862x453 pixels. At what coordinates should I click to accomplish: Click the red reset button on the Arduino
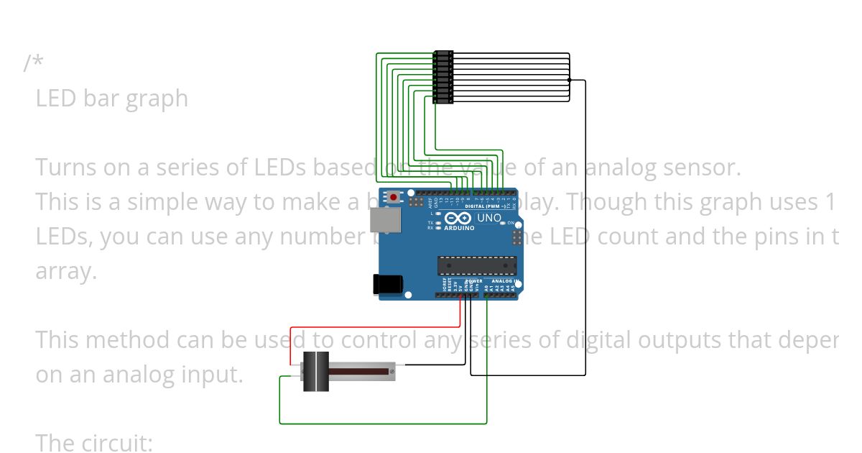[x=394, y=197]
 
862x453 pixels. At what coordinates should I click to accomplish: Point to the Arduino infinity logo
[x=458, y=218]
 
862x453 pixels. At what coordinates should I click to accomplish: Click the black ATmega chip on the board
[x=477, y=265]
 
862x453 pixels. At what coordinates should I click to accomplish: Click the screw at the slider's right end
[x=391, y=372]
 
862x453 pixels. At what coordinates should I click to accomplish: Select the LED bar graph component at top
[x=443, y=77]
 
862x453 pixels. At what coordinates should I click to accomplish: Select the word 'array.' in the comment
[x=66, y=271]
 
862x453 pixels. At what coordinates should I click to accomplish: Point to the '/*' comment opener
[x=33, y=63]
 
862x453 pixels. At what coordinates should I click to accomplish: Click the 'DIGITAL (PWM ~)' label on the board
[x=485, y=206]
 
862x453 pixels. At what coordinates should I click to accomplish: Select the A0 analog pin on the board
[x=486, y=296]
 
